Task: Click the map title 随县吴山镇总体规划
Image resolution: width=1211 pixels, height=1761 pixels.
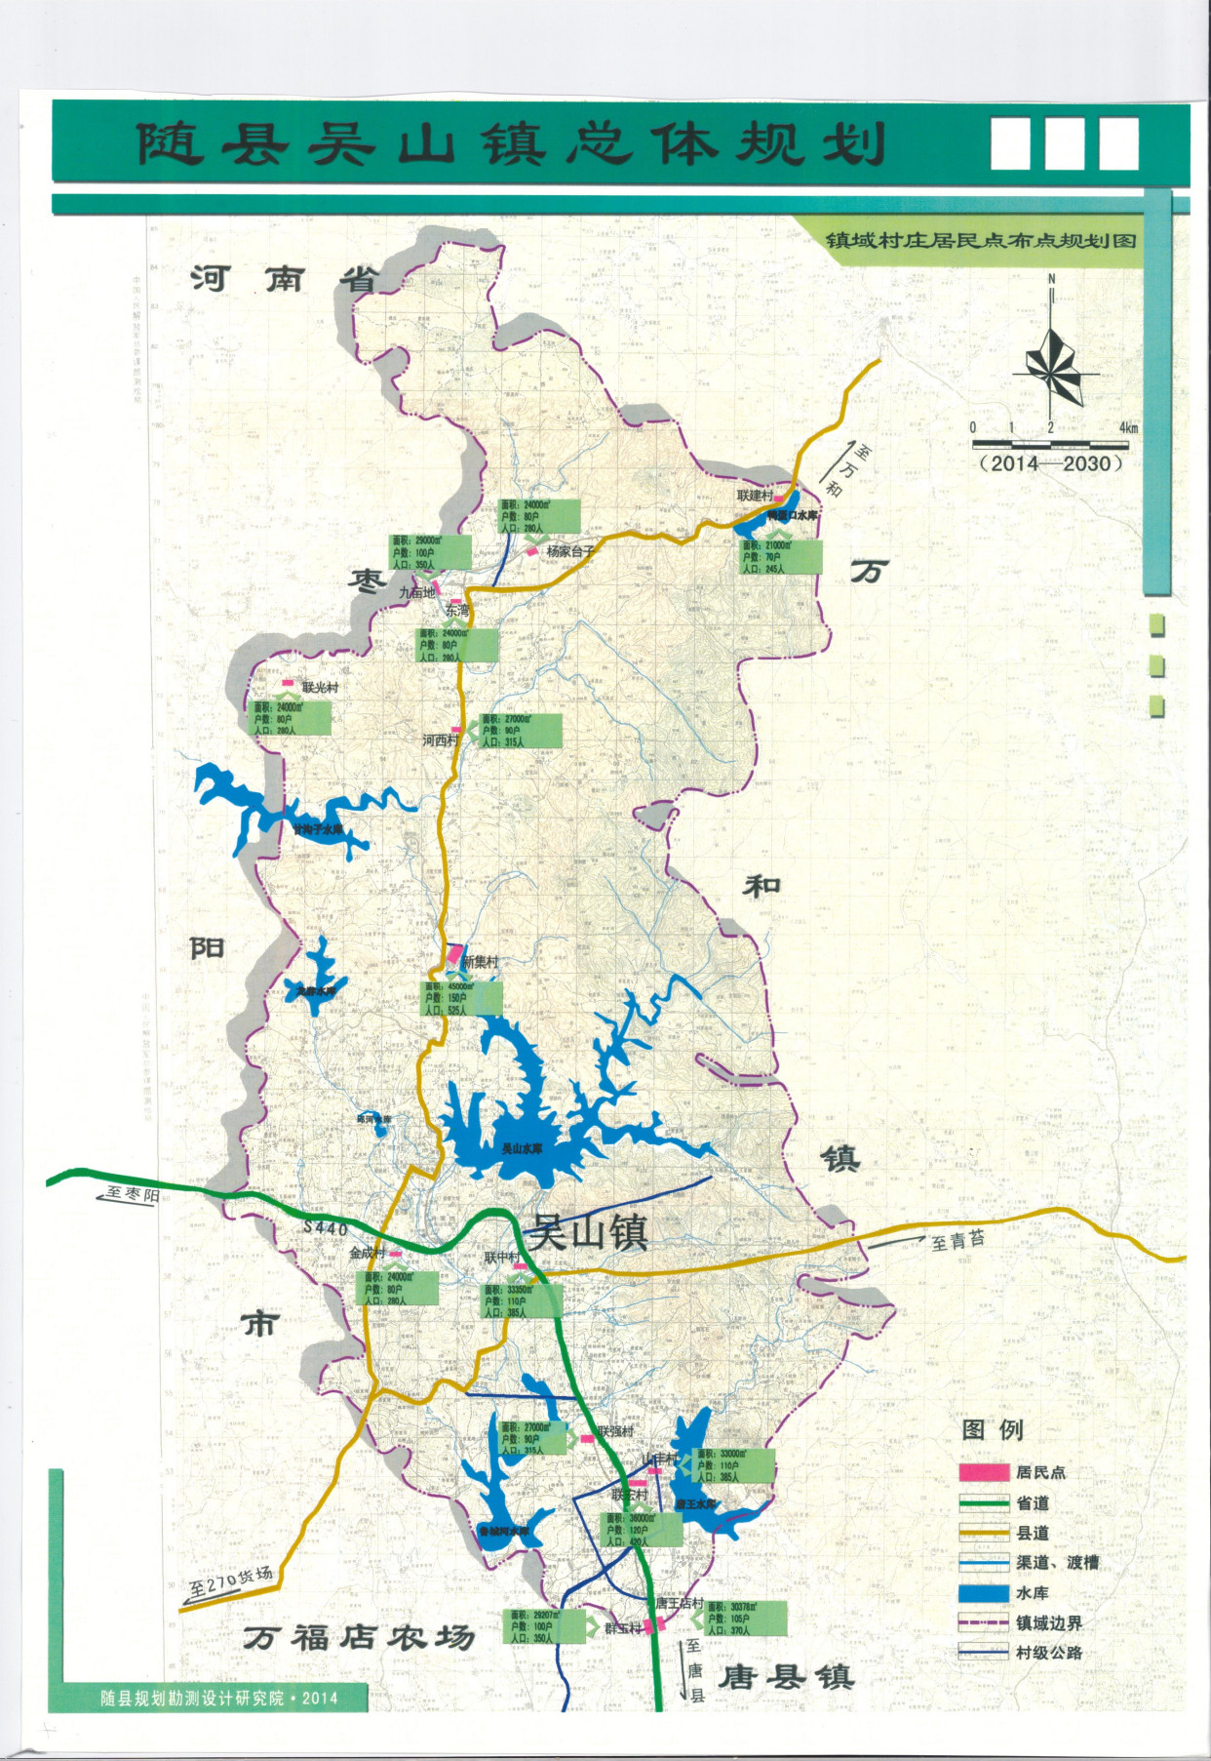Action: click(x=509, y=144)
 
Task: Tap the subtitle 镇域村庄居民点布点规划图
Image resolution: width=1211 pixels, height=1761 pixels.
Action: click(x=980, y=240)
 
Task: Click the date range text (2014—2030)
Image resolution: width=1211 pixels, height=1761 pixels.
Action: click(x=1050, y=464)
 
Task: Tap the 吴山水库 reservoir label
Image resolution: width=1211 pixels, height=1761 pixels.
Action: click(x=522, y=1148)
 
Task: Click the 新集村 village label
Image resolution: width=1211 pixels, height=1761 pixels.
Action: click(x=480, y=962)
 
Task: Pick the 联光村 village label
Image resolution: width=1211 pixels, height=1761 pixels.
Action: click(x=320, y=688)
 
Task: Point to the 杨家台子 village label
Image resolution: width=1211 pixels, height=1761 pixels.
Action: click(x=570, y=551)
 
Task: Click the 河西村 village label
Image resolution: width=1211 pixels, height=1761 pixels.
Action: click(x=439, y=740)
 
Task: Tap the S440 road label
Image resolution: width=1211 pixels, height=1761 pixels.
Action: click(x=326, y=1228)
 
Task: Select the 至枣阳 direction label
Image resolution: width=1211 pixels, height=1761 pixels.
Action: click(x=131, y=1195)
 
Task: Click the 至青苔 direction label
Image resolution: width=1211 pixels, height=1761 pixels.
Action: click(x=957, y=1240)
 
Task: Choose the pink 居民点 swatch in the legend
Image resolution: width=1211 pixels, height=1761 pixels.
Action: click(x=983, y=1472)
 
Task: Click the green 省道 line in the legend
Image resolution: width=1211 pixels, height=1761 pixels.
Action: click(x=983, y=1503)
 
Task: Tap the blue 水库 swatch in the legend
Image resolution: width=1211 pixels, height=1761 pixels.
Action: click(x=983, y=1593)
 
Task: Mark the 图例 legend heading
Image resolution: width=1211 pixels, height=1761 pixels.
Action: click(x=993, y=1429)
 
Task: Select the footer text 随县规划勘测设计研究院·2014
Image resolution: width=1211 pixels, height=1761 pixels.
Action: click(x=219, y=1699)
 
